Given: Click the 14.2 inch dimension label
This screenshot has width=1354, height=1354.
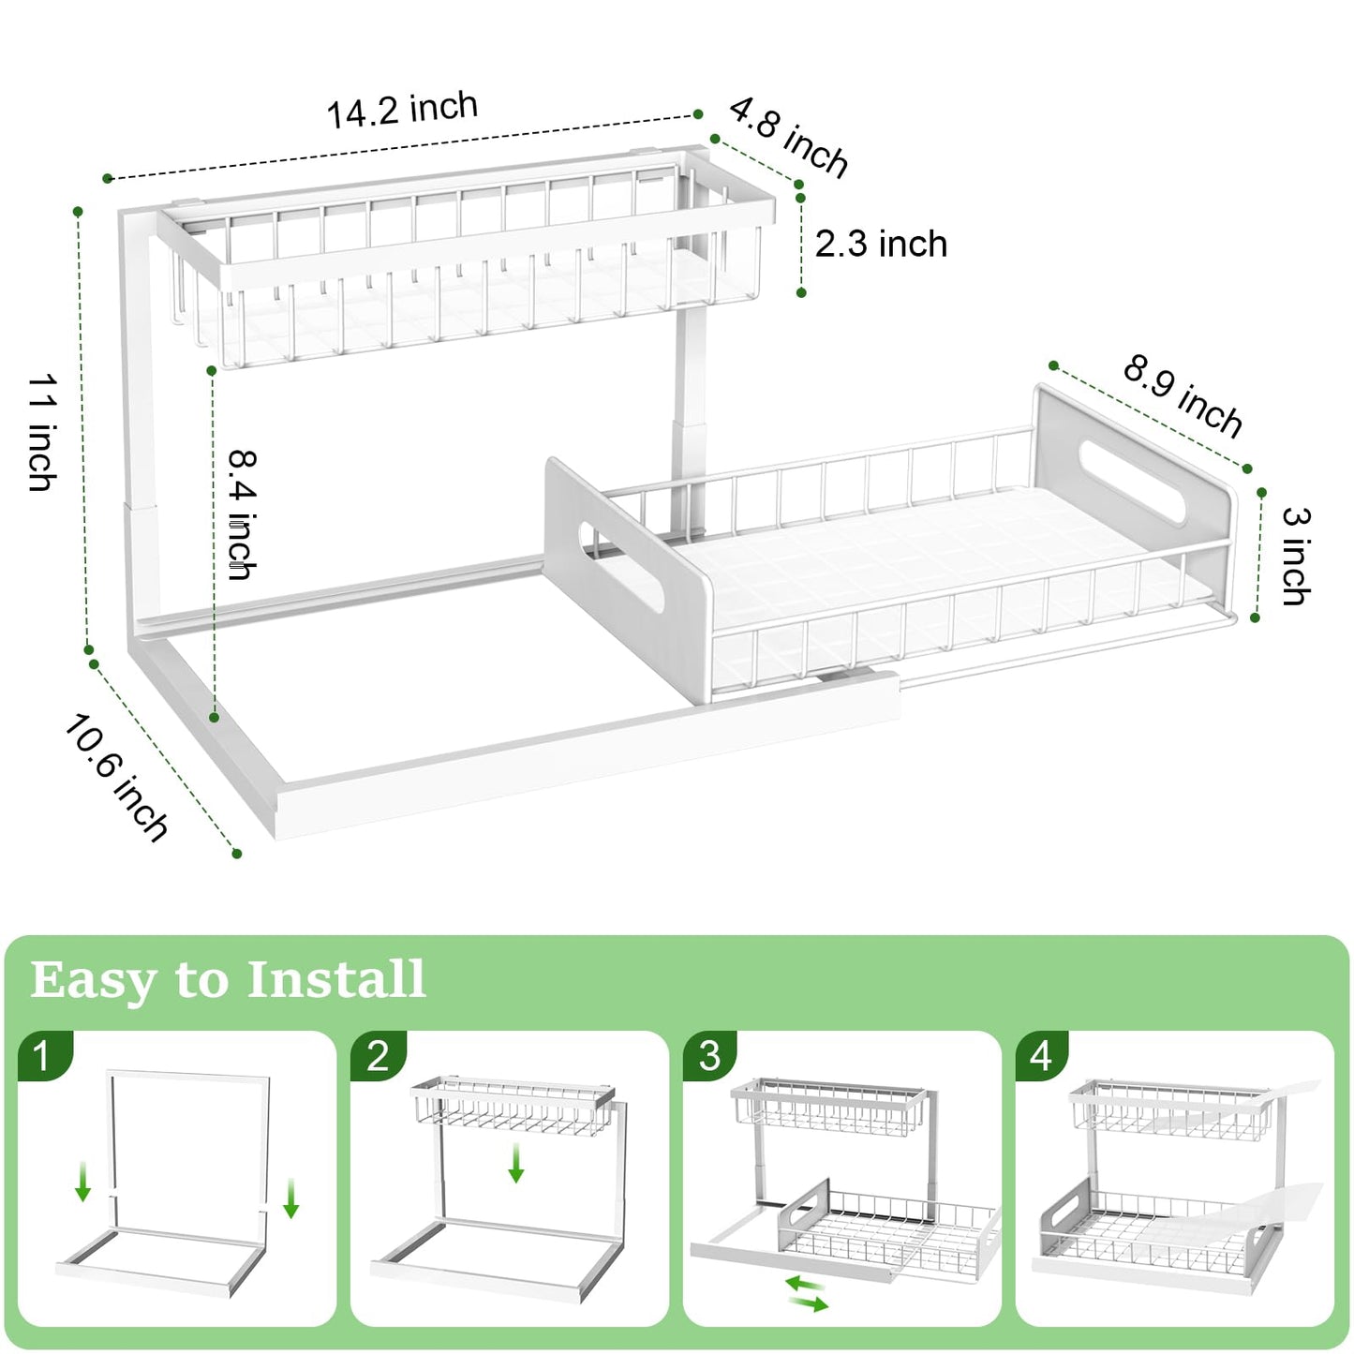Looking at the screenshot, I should [402, 111].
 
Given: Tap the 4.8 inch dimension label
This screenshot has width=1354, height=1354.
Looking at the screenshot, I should [789, 136].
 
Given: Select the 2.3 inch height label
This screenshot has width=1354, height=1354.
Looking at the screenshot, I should [881, 245].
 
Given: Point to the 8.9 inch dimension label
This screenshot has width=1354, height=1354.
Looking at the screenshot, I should [1183, 395].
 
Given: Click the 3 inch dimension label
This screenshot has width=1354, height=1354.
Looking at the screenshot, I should [1297, 556].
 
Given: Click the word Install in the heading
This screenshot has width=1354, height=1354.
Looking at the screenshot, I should [336, 979].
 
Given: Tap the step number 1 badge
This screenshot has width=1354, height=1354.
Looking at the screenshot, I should [42, 1056].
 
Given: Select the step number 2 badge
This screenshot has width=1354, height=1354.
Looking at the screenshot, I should [377, 1056].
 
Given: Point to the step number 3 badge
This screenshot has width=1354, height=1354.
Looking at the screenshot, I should [709, 1056].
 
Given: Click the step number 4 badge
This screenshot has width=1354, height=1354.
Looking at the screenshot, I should [1041, 1056].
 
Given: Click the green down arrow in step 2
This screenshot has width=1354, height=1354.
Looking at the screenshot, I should [515, 1163].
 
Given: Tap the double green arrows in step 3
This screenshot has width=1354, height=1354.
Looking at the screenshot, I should [807, 1293].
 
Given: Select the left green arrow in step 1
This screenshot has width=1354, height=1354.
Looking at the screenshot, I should [83, 1181].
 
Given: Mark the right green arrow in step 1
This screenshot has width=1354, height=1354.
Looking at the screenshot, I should [290, 1198].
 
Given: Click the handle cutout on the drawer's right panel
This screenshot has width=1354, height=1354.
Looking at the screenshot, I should [1133, 481].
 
